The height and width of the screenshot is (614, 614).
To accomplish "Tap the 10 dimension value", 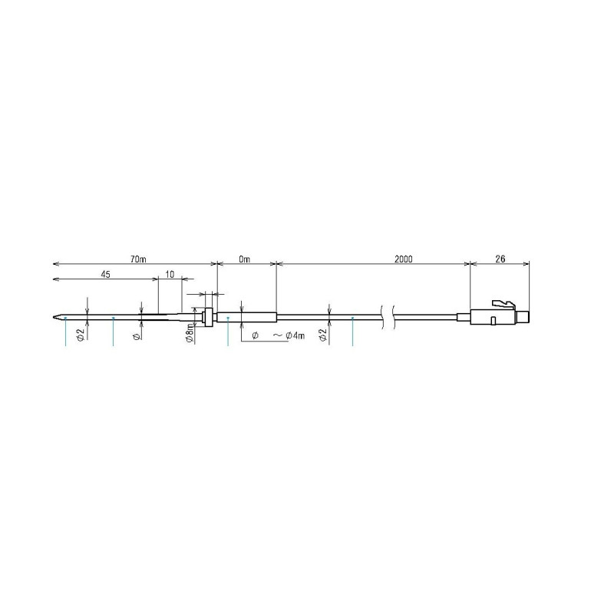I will pos(170,273).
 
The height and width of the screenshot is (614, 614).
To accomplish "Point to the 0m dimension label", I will pos(245,259).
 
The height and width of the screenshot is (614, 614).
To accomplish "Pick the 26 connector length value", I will pos(499,259).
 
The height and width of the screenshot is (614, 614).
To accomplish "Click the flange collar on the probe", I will pos(205,315).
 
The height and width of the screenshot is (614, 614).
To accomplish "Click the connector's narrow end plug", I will pos(523,316).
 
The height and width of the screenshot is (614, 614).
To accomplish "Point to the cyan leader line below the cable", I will pos(352,332).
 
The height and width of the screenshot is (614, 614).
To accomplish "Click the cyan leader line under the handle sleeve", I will pos(229,332).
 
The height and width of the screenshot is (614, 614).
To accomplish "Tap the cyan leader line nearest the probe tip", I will pos(66,332).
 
